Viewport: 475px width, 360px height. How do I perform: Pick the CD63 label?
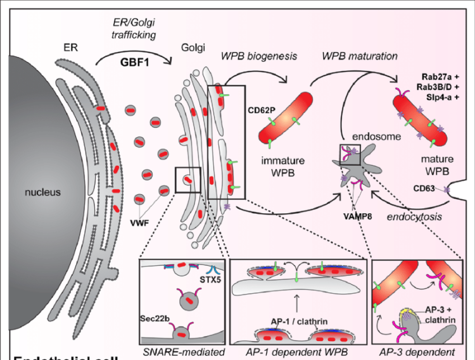click(427, 188)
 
